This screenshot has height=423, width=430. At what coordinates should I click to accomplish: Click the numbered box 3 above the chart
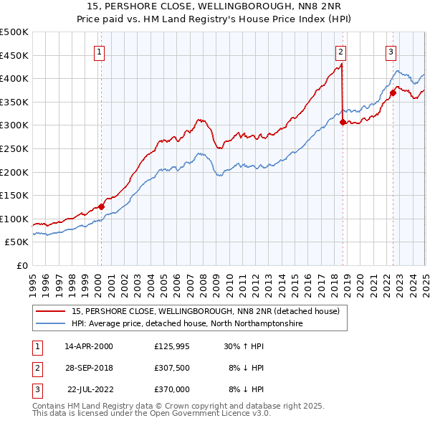tap(391, 51)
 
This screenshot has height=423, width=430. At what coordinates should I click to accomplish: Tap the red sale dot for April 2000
tap(101, 206)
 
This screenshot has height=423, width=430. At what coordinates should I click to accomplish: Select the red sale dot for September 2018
tap(343, 122)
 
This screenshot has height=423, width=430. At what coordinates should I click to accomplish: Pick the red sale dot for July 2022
tap(393, 92)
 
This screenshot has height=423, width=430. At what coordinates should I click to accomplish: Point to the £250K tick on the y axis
tap(15, 148)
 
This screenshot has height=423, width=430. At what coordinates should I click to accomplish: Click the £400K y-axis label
tap(15, 79)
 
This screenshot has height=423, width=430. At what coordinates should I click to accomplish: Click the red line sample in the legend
tap(51, 311)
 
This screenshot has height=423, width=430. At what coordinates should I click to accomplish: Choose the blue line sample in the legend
tap(51, 324)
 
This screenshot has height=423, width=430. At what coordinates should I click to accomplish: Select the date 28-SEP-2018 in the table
tap(89, 369)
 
